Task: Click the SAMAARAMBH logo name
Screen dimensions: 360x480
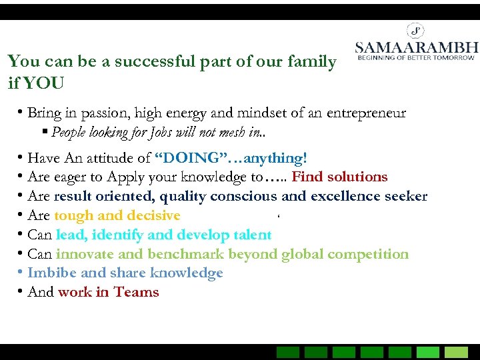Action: tap(416, 47)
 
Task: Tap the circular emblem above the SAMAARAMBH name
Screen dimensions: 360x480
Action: tap(416, 30)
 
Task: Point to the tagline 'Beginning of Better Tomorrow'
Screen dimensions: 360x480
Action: tap(416, 58)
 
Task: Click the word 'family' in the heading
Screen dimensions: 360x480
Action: tap(313, 62)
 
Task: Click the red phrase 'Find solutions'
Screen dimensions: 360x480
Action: tap(339, 177)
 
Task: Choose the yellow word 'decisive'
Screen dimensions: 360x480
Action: tap(153, 215)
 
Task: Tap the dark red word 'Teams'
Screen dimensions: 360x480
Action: tap(136, 292)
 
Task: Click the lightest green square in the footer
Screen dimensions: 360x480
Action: tap(457, 352)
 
